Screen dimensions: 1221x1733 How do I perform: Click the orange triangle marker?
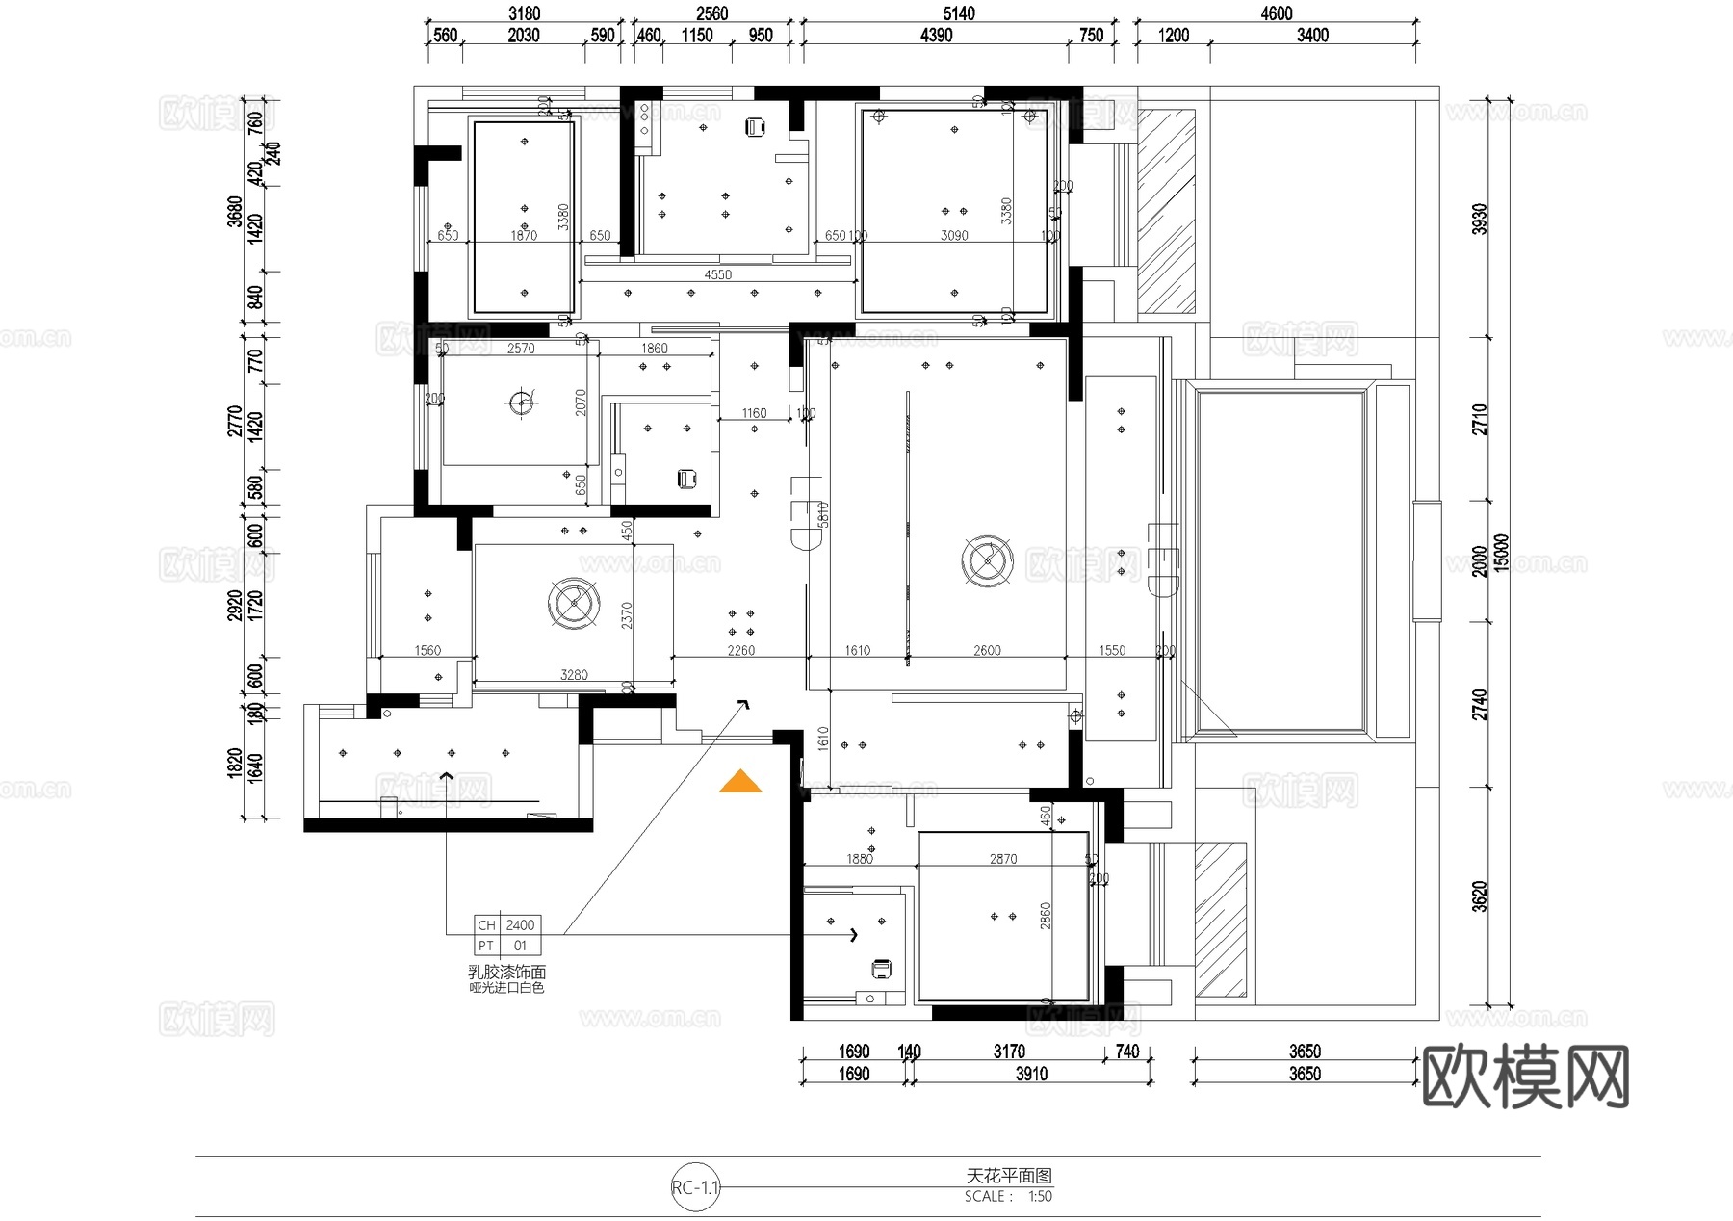pos(739,783)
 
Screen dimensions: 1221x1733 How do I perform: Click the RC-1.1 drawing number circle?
pos(695,1187)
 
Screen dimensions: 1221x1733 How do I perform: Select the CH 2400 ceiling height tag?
pos(507,925)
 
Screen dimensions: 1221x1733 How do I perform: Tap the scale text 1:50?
pos(1040,1197)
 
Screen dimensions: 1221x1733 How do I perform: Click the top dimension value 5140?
pos(959,13)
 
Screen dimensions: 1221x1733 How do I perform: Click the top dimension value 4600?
pos(1277,13)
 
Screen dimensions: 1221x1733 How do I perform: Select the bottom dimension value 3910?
pos(1031,1074)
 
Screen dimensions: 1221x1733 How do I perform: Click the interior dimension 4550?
pos(717,274)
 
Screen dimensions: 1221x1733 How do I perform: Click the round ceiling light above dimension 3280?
pos(574,603)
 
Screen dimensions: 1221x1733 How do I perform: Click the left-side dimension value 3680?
pos(234,211)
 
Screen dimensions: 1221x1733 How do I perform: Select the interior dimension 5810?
pos(823,514)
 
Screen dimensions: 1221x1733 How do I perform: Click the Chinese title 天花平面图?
pos(1009,1176)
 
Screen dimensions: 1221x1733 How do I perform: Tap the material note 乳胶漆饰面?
pos(506,973)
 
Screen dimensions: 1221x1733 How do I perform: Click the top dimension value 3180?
pos(524,13)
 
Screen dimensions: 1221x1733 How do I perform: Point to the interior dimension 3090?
pos(954,236)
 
